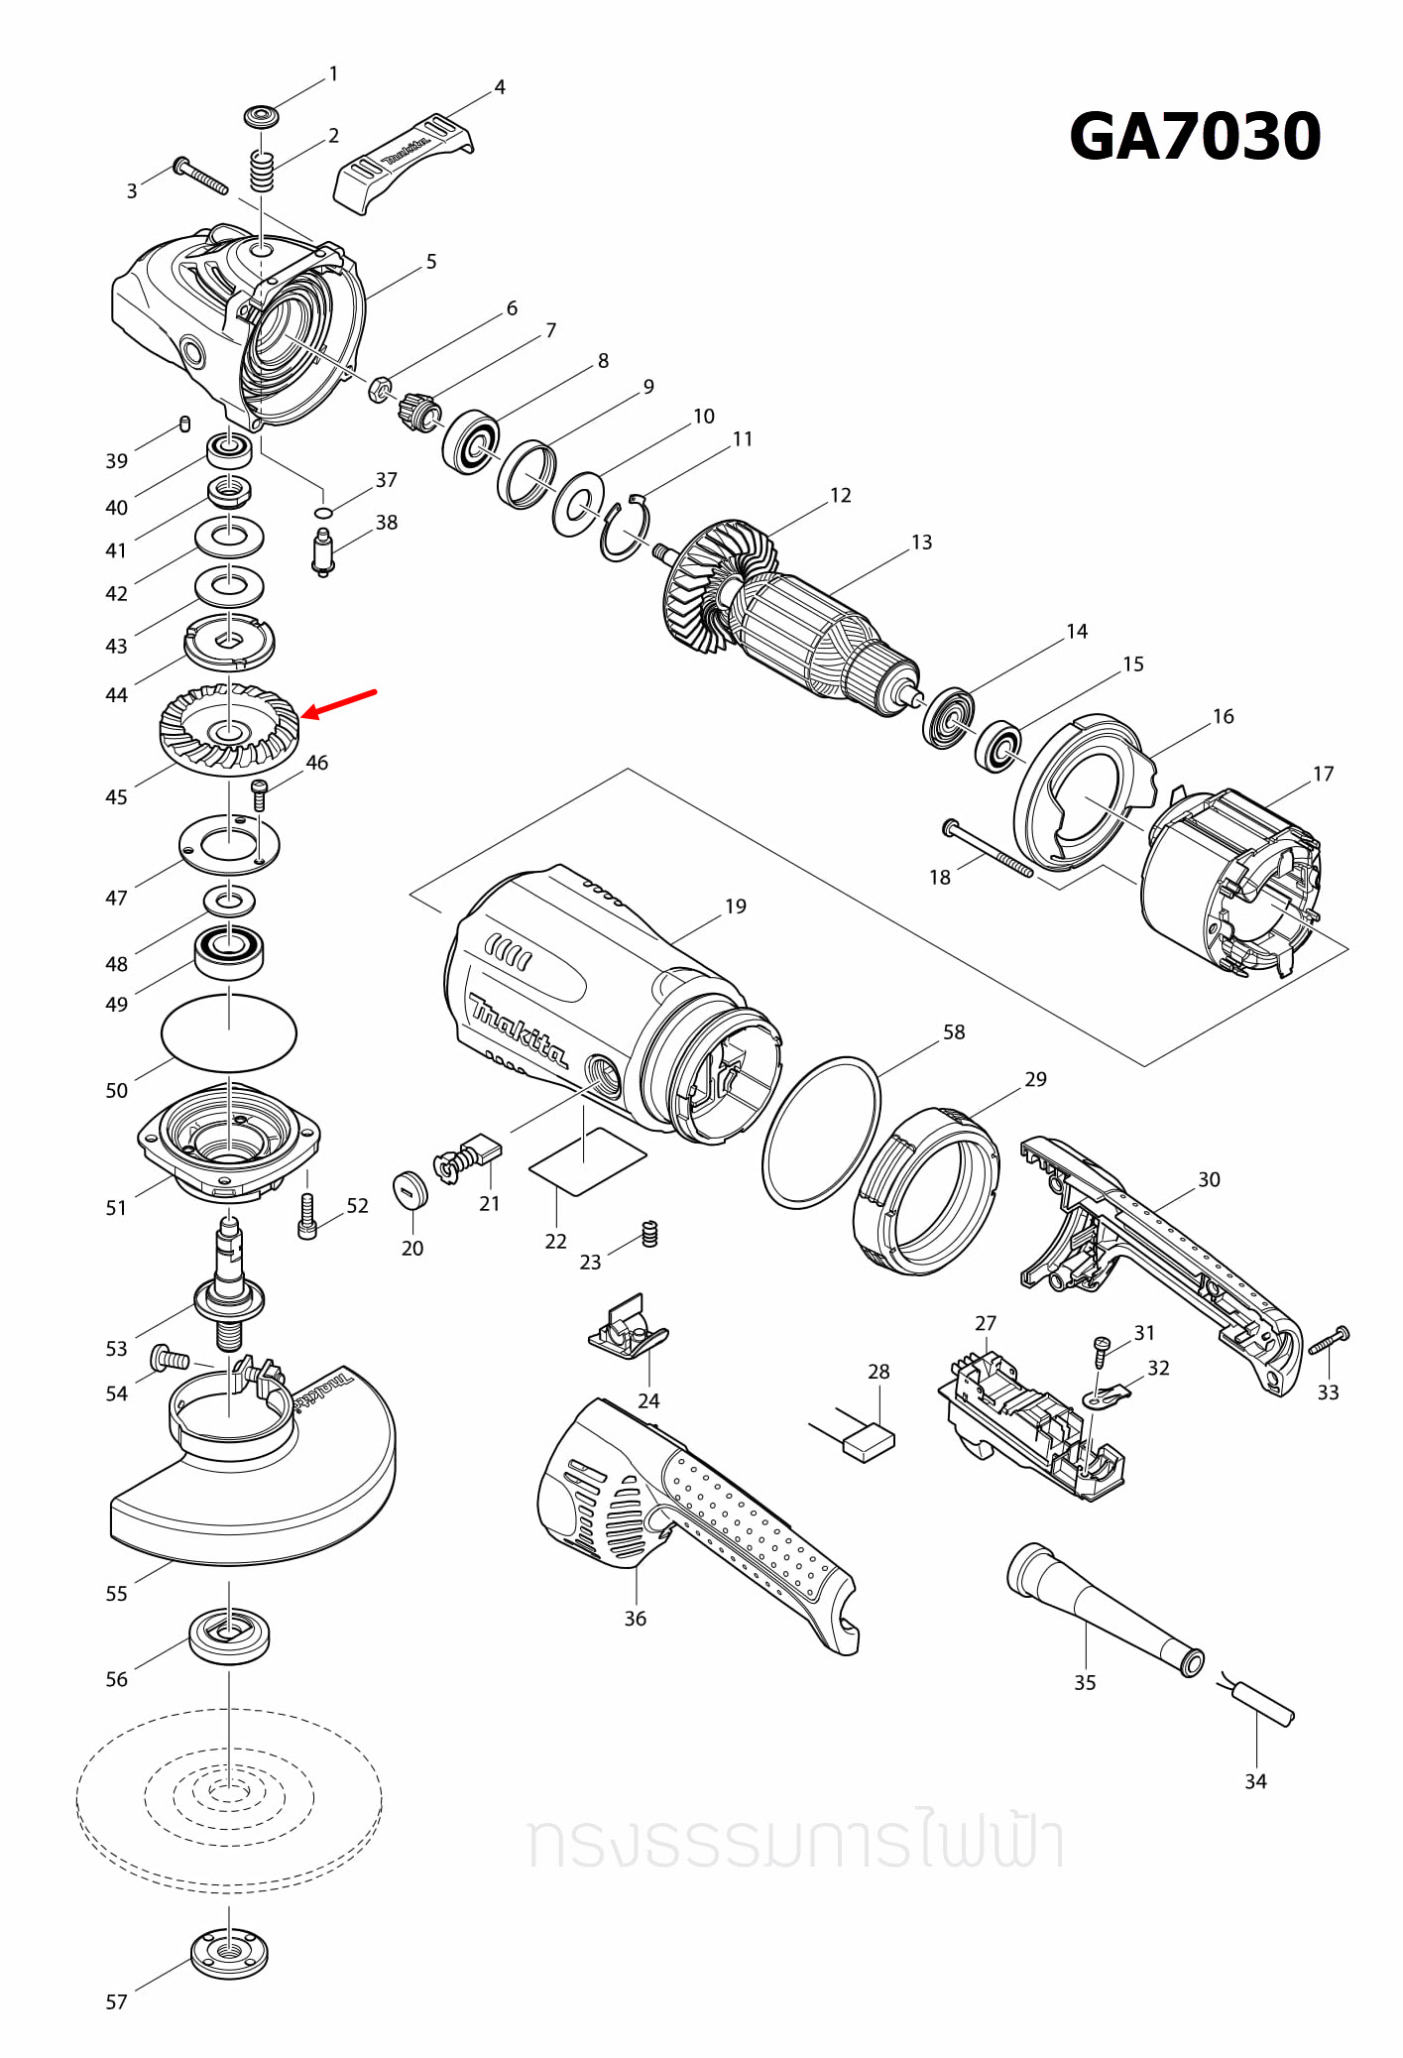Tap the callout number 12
pyautogui.click(x=840, y=495)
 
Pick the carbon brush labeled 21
pyautogui.click(x=483, y=1151)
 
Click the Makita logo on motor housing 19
pyautogui.click(x=518, y=1031)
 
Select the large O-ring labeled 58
pyautogui.click(x=821, y=1132)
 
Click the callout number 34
pyautogui.click(x=1255, y=1781)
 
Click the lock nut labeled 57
pyautogui.click(x=229, y=1953)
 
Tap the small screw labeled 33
pyautogui.click(x=1329, y=1341)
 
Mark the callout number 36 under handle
pyautogui.click(x=635, y=1619)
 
